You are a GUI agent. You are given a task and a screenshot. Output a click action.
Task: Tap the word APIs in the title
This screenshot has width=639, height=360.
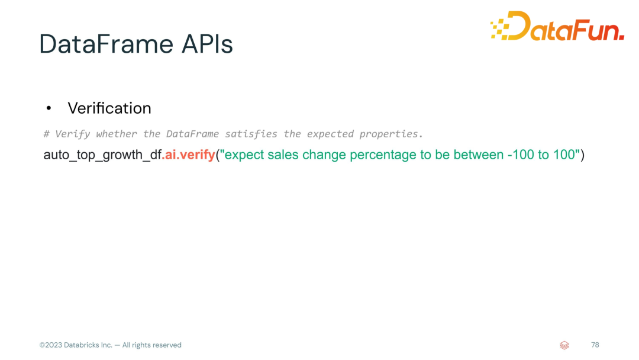click(x=208, y=44)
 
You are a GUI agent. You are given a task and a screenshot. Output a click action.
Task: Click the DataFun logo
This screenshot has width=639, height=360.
click(x=557, y=25)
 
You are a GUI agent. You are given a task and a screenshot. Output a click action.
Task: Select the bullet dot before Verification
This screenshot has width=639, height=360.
click(x=49, y=108)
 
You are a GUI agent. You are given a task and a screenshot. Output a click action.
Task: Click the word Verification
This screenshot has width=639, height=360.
click(x=109, y=108)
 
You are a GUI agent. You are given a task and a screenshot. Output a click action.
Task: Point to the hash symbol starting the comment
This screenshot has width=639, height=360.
click(x=47, y=134)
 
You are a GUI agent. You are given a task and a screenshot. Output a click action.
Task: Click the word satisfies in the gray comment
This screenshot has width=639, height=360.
click(x=251, y=134)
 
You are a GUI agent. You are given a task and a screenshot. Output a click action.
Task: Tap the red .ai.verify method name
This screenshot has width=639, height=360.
click(x=188, y=155)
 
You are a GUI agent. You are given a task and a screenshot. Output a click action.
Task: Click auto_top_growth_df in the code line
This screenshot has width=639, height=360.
click(x=102, y=155)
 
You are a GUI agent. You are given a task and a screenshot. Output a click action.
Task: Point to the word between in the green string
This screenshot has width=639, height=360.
click(x=479, y=155)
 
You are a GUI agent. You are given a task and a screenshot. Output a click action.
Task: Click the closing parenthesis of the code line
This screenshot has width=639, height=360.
click(x=582, y=155)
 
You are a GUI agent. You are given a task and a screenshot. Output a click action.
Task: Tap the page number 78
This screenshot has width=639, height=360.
click(x=595, y=345)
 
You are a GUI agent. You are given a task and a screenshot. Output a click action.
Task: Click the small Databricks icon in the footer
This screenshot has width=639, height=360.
click(x=564, y=345)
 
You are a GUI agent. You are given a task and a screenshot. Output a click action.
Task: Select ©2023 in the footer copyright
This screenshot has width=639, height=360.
click(x=50, y=345)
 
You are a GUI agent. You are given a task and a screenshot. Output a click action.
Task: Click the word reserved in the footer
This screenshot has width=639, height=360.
click(x=167, y=345)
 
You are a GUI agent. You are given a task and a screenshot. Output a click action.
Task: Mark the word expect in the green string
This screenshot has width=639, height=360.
click(x=244, y=155)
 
